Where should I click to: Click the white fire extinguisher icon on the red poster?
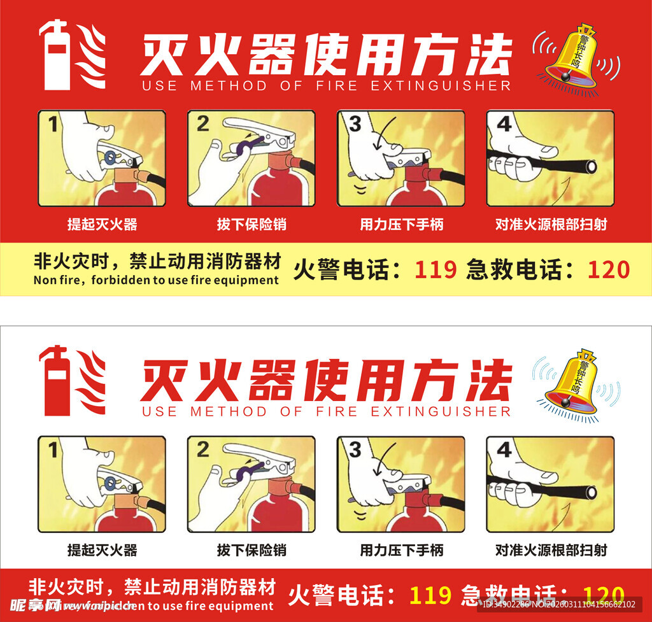[56, 55]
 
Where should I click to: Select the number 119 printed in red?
[436, 270]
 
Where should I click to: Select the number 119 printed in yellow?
[430, 596]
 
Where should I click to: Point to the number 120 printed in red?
[608, 270]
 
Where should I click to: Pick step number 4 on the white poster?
[504, 450]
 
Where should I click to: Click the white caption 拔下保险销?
[252, 224]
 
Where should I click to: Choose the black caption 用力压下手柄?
[401, 550]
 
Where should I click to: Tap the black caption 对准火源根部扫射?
[551, 550]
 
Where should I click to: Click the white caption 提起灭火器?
[102, 224]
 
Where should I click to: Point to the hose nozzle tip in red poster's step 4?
[591, 167]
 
